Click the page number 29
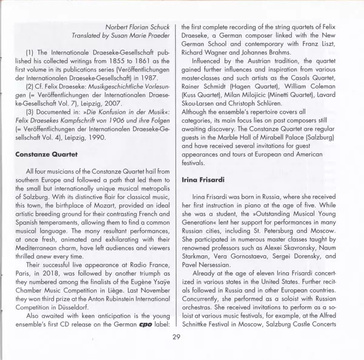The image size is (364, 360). click(177, 337)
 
